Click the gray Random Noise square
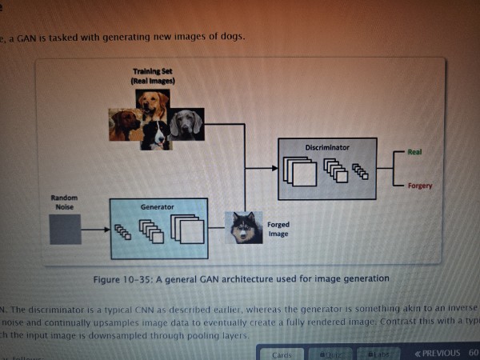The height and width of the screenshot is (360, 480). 66,230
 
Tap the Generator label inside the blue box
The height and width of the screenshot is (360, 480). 157,206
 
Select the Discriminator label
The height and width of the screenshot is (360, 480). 326,148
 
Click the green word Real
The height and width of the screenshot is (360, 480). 414,152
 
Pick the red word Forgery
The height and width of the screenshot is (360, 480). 419,186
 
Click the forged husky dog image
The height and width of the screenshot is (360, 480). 243,227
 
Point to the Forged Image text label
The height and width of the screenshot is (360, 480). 278,230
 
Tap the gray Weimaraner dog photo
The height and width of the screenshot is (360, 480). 186,125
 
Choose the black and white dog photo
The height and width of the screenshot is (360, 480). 156,134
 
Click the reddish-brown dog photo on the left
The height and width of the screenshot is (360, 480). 126,126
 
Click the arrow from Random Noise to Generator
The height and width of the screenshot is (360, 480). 95,230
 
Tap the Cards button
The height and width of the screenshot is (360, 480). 282,354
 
